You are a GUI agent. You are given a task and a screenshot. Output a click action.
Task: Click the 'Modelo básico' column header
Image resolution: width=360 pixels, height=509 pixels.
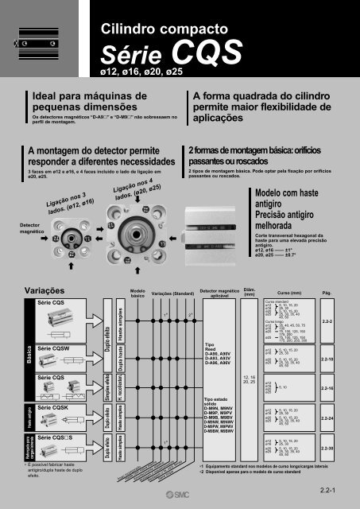[137, 294]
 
